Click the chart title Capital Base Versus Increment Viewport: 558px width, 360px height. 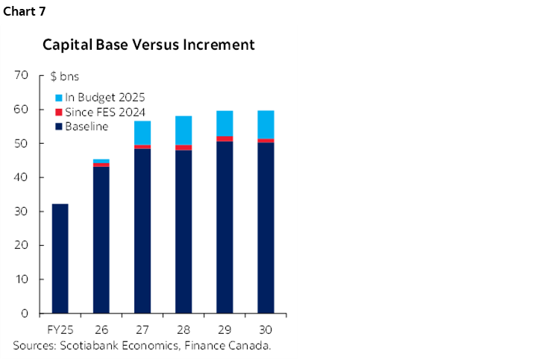(x=148, y=45)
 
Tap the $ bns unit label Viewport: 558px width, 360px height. (x=64, y=76)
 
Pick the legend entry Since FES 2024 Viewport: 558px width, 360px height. (x=104, y=112)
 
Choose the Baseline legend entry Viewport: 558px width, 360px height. (x=87, y=127)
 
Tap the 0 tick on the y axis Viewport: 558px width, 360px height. (x=25, y=314)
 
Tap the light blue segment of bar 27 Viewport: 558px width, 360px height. (x=142, y=133)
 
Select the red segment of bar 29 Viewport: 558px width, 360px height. (x=225, y=139)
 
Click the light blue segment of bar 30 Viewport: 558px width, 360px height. (x=266, y=124)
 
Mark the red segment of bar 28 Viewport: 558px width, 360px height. (x=184, y=148)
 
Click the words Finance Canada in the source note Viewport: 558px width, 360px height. (x=232, y=345)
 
